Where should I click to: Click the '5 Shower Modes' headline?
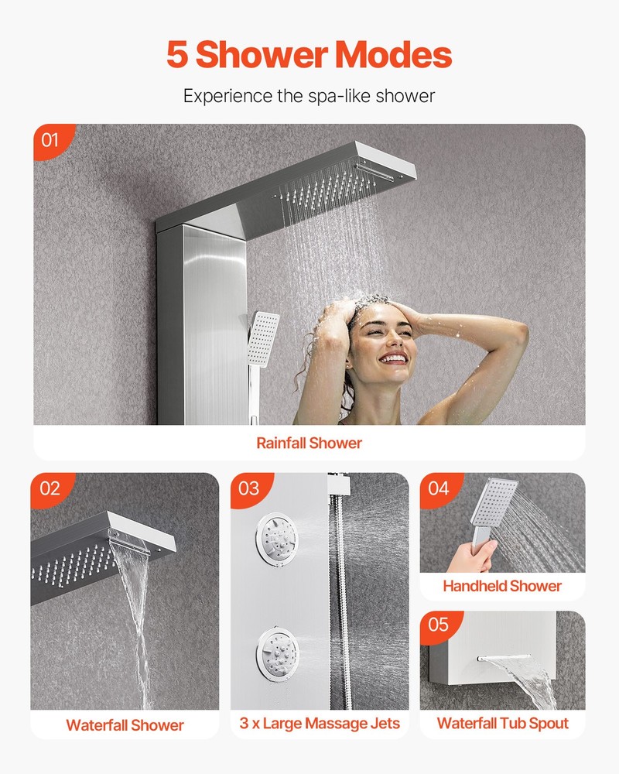(309, 55)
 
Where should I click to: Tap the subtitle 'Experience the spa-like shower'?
(309, 97)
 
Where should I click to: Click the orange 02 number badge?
(50, 488)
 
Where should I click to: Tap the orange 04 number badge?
(438, 488)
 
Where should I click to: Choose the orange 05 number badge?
(438, 624)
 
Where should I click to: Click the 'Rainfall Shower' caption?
(309, 444)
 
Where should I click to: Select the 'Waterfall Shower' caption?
(125, 725)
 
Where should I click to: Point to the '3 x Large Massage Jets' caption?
(320, 724)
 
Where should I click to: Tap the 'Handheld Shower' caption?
(502, 586)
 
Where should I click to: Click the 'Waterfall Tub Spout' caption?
(502, 724)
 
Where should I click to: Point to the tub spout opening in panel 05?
(495, 660)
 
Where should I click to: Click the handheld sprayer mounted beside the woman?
(262, 333)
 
